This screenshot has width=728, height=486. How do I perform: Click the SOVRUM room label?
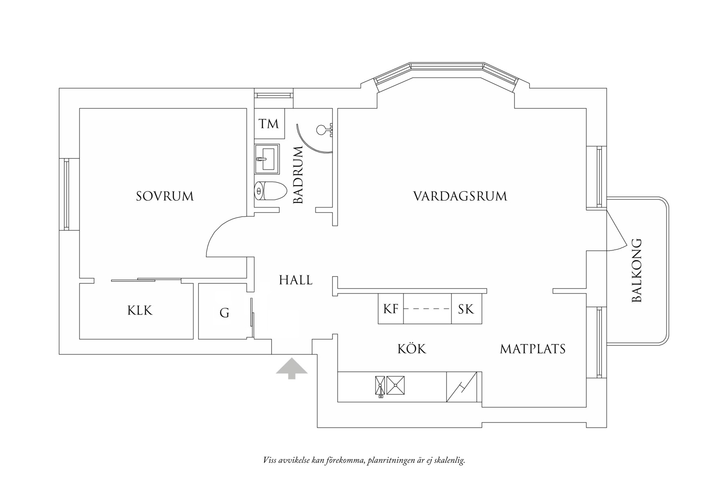click(165, 196)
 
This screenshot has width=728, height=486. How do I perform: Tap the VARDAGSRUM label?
click(460, 196)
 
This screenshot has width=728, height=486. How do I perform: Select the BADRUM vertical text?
click(299, 175)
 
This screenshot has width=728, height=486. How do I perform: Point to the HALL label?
click(296, 280)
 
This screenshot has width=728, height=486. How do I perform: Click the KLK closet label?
click(140, 310)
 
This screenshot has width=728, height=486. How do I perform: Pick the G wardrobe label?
click(225, 313)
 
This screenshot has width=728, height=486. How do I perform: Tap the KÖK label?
click(412, 348)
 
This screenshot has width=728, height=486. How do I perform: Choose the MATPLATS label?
click(533, 349)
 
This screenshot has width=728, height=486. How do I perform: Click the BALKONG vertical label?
click(637, 270)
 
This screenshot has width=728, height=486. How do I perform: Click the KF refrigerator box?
click(391, 309)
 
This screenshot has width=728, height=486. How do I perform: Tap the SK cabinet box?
click(466, 309)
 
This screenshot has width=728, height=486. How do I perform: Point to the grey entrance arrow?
click(291, 368)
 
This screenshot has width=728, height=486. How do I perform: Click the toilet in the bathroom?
click(270, 190)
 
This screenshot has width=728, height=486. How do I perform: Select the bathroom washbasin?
click(267, 159)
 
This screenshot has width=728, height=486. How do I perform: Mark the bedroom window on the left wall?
click(66, 194)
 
